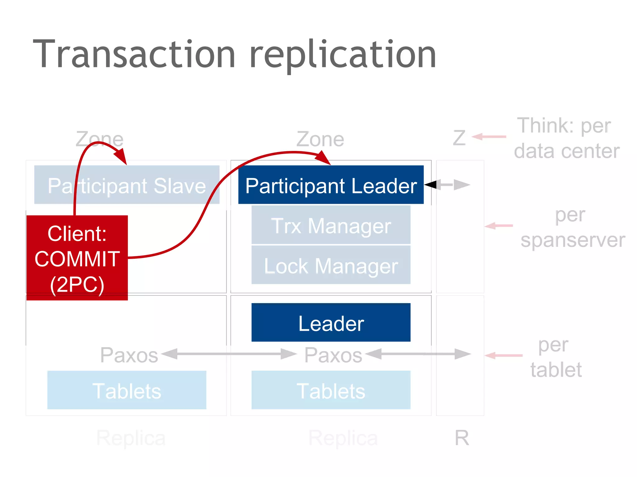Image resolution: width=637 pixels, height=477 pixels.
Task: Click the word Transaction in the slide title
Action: pos(134,54)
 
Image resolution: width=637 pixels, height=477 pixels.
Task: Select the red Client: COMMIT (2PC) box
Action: pos(77,258)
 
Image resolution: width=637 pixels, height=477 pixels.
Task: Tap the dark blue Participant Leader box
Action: pos(331,185)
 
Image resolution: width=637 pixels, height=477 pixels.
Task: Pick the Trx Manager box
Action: pos(331,225)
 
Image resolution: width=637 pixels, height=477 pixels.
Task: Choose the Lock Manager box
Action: pos(331,266)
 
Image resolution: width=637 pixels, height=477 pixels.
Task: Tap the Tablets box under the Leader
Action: pos(331,390)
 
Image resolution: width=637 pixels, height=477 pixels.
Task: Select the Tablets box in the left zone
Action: pos(127,390)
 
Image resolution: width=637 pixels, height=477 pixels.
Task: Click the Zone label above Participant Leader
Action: pos(320,139)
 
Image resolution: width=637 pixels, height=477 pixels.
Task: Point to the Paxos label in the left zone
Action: pos(129,355)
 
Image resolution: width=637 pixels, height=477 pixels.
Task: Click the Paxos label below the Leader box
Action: pos(333,355)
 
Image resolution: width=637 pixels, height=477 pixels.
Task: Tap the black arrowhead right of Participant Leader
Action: pos(431,184)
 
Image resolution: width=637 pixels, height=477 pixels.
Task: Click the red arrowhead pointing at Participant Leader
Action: pos(323,158)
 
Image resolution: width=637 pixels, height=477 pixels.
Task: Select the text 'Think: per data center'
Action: pos(566,138)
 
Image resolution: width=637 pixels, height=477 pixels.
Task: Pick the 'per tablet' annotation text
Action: pos(555,357)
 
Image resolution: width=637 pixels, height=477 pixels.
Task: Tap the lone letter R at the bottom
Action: pos(462,438)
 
